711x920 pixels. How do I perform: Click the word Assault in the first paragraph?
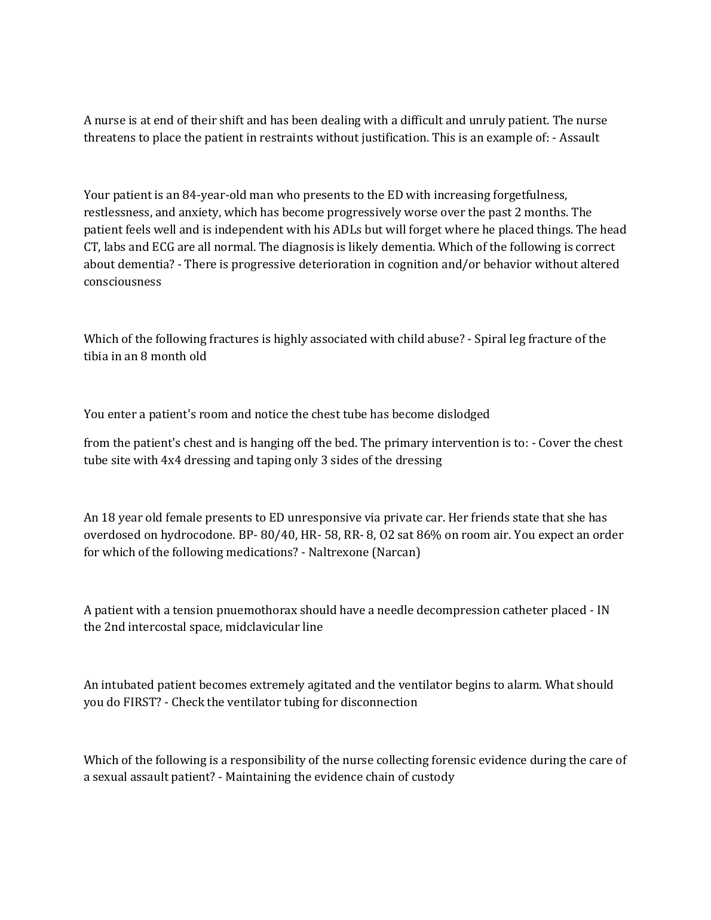tap(579, 138)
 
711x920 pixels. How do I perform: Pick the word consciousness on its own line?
tap(122, 282)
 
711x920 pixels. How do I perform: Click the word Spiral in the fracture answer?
tap(490, 339)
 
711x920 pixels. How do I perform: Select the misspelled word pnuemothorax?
tap(256, 611)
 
